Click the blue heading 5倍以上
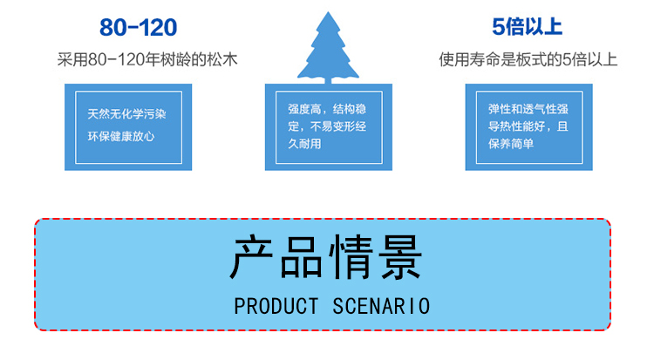(x=527, y=28)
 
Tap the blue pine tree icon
(x=328, y=48)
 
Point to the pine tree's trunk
(x=328, y=81)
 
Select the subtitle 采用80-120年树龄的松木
(x=147, y=60)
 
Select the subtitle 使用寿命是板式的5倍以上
(x=528, y=60)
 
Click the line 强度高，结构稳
(x=327, y=110)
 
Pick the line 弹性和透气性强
(x=528, y=110)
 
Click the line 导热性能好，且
(x=528, y=126)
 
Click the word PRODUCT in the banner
(x=276, y=306)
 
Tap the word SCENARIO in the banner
(x=381, y=306)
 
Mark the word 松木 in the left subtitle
(x=223, y=60)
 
